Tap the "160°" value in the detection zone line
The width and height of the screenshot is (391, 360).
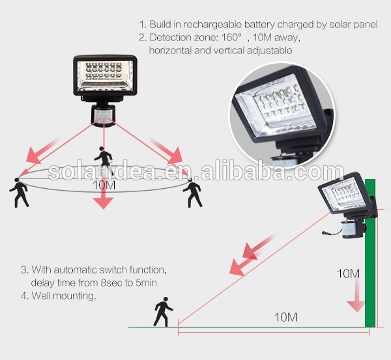click(x=231, y=37)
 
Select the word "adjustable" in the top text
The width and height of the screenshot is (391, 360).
click(x=270, y=51)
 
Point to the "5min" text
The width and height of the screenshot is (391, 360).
click(x=146, y=283)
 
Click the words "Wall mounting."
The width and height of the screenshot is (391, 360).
click(x=64, y=296)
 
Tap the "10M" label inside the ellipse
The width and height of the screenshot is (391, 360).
click(x=104, y=185)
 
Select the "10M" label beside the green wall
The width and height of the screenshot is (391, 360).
click(x=348, y=273)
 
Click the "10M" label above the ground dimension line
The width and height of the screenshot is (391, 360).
click(x=286, y=317)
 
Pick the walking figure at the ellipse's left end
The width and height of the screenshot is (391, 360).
click(x=19, y=192)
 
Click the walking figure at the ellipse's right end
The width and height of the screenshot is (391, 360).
click(x=192, y=194)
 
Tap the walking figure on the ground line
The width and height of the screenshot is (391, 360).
click(x=164, y=312)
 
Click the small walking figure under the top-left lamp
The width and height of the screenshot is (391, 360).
click(x=103, y=159)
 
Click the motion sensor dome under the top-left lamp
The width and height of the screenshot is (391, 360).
click(x=103, y=116)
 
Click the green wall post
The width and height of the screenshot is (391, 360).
click(x=370, y=253)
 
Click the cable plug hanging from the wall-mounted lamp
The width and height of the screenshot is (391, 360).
click(x=325, y=233)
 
